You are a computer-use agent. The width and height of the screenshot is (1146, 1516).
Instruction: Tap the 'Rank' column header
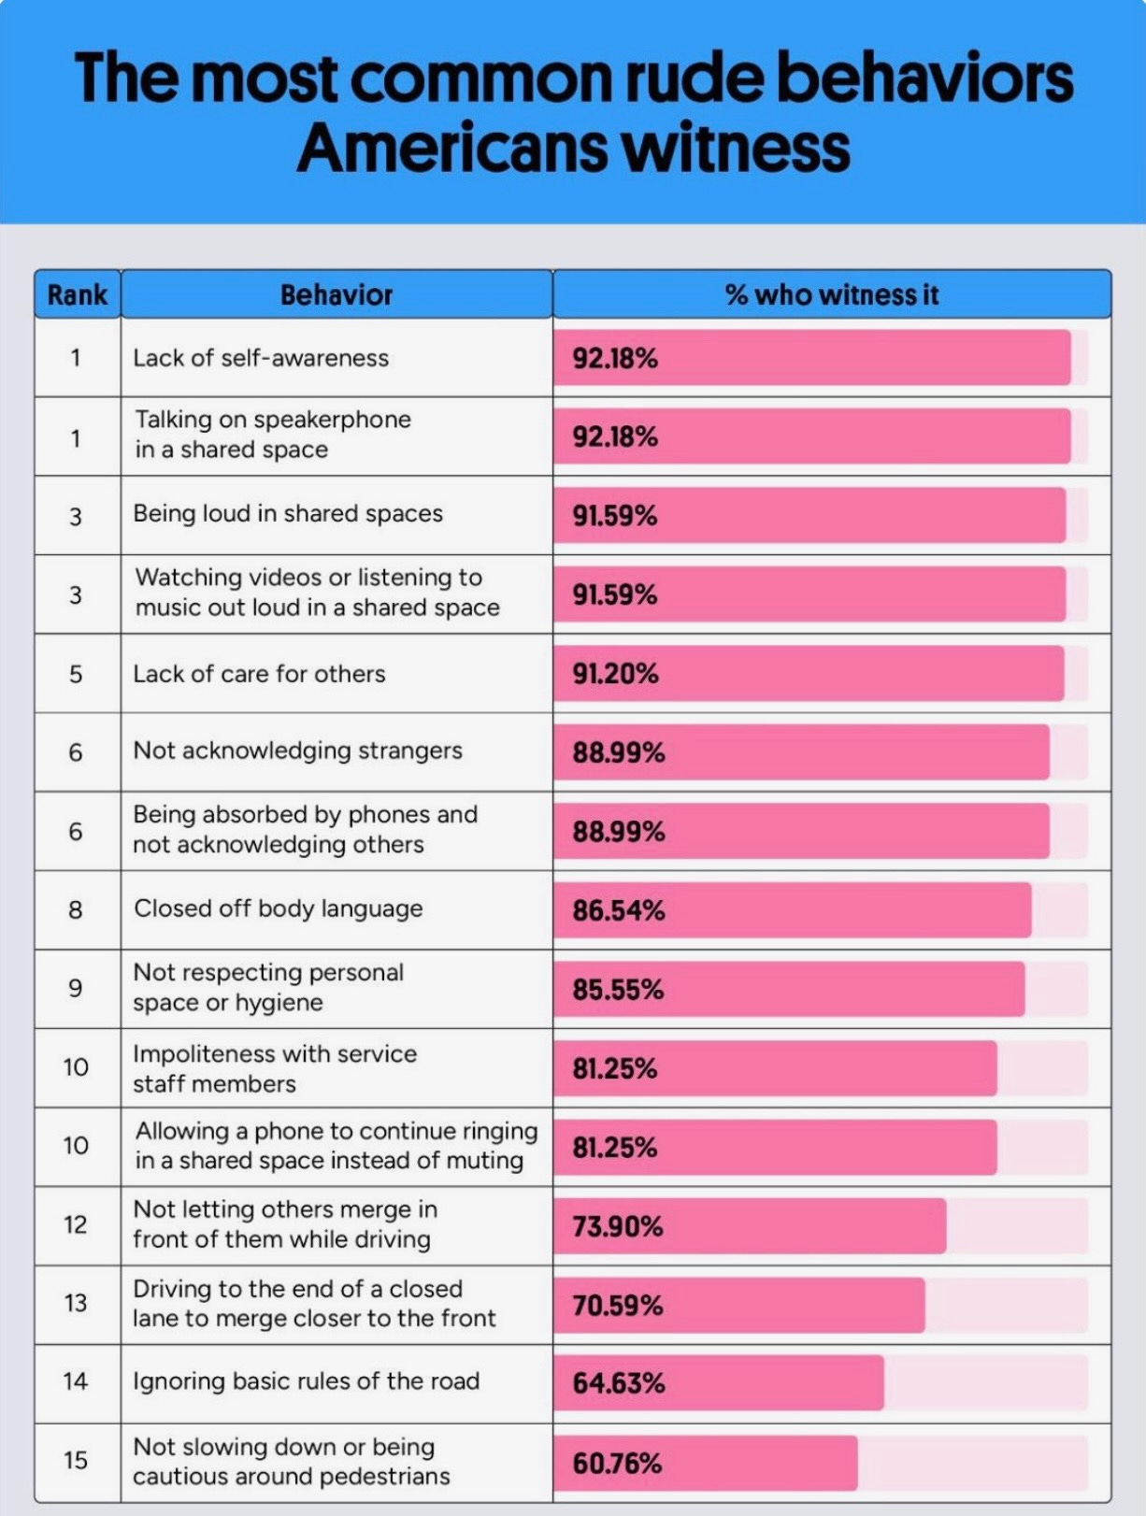(x=77, y=295)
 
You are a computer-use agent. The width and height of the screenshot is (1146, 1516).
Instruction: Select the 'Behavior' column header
(x=337, y=295)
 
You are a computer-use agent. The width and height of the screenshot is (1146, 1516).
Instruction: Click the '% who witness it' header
(x=831, y=295)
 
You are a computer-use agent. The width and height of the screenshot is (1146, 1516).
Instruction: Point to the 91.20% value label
(x=615, y=674)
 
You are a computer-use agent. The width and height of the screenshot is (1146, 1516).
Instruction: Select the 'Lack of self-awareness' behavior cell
(x=261, y=358)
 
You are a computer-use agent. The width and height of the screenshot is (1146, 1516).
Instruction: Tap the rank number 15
(x=76, y=1460)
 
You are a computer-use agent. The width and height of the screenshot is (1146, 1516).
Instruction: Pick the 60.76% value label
(x=617, y=1463)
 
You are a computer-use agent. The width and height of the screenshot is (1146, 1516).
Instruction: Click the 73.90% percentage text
(x=618, y=1226)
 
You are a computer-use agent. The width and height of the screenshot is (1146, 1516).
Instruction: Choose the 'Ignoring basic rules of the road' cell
(x=306, y=1381)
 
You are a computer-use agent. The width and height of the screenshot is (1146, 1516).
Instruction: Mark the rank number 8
(x=76, y=909)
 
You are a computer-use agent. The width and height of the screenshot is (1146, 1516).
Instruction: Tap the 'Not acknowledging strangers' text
(x=297, y=751)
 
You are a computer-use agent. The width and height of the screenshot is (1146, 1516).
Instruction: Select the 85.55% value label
(x=618, y=990)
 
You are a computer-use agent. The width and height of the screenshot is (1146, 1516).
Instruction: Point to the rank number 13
(x=76, y=1303)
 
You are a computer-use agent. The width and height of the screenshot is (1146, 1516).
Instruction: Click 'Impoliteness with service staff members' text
(x=274, y=1068)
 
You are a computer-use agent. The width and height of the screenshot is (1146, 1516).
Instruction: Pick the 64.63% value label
(x=618, y=1383)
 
